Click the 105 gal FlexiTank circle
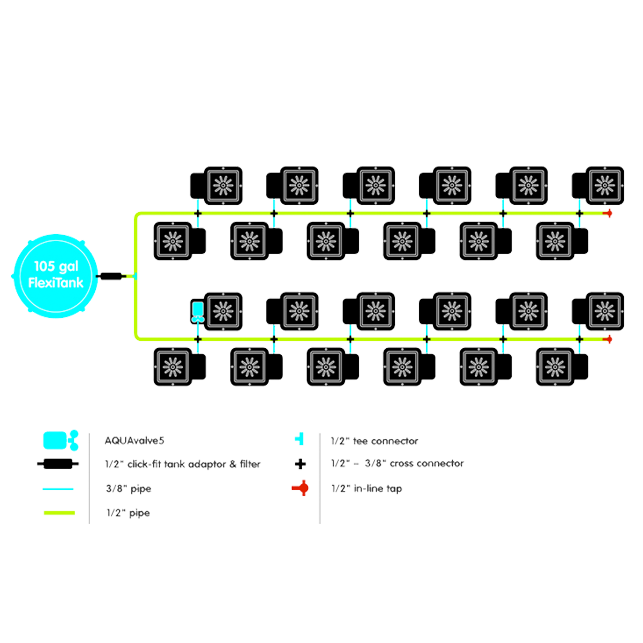[56, 275]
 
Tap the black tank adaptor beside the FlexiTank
[111, 276]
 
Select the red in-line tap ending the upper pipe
[608, 213]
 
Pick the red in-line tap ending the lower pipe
[608, 339]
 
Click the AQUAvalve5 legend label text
[134, 441]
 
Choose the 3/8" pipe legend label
[129, 488]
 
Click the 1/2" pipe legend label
[129, 513]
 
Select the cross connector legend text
[397, 463]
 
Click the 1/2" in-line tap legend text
[367, 488]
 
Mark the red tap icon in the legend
[303, 488]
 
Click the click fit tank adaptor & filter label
[183, 464]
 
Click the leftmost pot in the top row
[220, 185]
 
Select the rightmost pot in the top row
[603, 185]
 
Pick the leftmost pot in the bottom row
[175, 367]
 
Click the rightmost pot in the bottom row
[557, 367]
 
